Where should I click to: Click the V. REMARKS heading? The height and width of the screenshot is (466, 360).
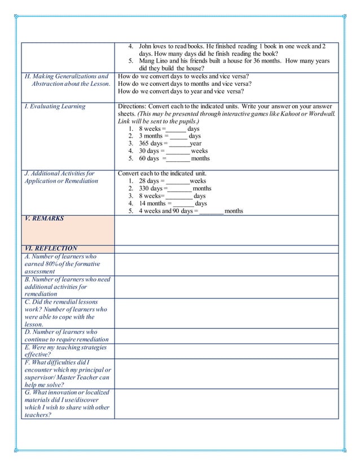[x=45, y=218]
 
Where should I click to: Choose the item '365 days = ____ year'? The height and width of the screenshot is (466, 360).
[x=170, y=143]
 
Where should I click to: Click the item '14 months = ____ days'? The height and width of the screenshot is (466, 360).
[x=173, y=203]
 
